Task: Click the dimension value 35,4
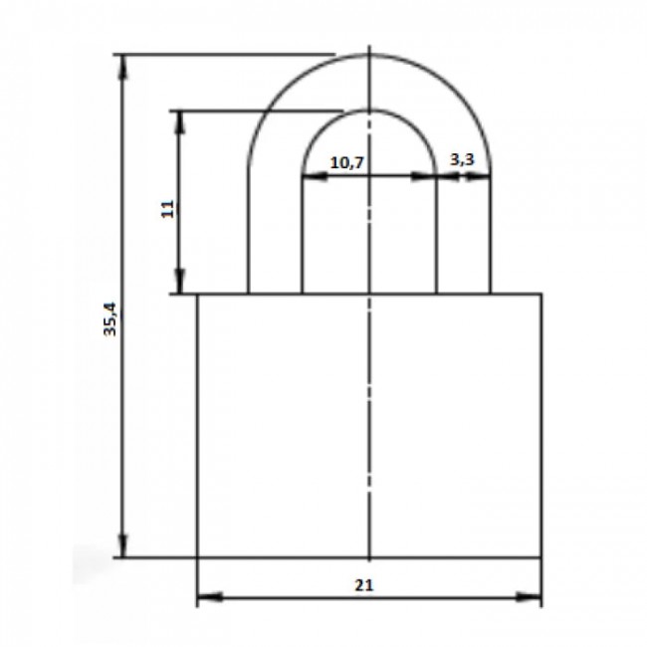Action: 110,320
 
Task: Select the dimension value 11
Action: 167,209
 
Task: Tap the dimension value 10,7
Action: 347,162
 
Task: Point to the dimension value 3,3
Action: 462,159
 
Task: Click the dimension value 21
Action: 364,585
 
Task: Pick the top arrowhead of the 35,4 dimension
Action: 123,68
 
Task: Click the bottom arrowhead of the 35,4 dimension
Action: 123,544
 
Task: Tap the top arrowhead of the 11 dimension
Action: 180,123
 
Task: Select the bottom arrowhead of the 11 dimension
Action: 180,282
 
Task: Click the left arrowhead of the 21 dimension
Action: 210,596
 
